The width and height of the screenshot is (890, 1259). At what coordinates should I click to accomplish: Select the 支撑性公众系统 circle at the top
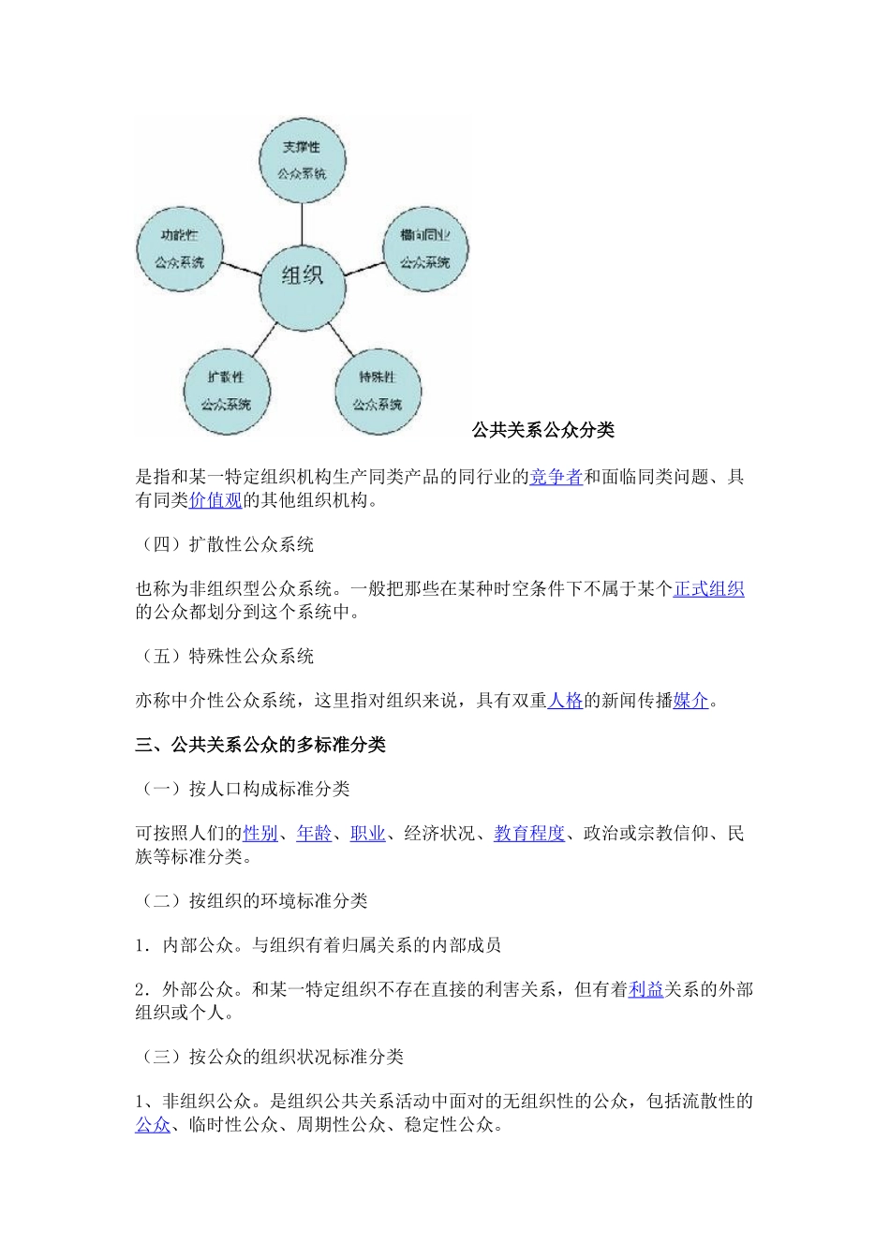[302, 159]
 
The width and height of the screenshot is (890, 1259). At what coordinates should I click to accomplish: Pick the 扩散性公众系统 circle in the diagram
[226, 390]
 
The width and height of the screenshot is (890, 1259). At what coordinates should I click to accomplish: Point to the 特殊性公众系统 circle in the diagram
[378, 390]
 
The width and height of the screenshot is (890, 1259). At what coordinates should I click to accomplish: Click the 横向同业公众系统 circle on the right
[425, 248]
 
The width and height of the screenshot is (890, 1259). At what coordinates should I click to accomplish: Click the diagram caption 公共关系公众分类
[543, 430]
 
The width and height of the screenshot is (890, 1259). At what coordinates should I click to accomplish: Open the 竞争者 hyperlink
[556, 478]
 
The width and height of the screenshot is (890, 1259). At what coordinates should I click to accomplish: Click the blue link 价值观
[215, 500]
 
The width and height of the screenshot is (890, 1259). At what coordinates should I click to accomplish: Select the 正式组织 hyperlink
[708, 589]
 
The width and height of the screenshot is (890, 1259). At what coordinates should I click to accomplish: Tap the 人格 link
[565, 701]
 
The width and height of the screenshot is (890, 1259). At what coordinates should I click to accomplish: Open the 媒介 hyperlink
[690, 701]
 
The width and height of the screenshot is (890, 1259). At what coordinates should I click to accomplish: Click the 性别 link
[260, 834]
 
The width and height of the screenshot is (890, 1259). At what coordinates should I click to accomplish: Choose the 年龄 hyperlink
[314, 834]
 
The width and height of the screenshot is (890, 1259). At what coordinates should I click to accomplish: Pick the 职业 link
[367, 834]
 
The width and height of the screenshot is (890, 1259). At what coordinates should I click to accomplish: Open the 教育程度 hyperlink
[529, 834]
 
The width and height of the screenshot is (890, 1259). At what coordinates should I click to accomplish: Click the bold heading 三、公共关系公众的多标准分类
[260, 745]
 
